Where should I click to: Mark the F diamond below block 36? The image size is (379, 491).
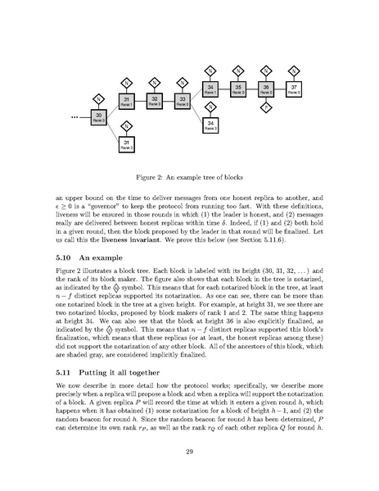pyautogui.click(x=266, y=107)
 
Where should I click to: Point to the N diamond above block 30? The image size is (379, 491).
pyautogui.click(x=100, y=98)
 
